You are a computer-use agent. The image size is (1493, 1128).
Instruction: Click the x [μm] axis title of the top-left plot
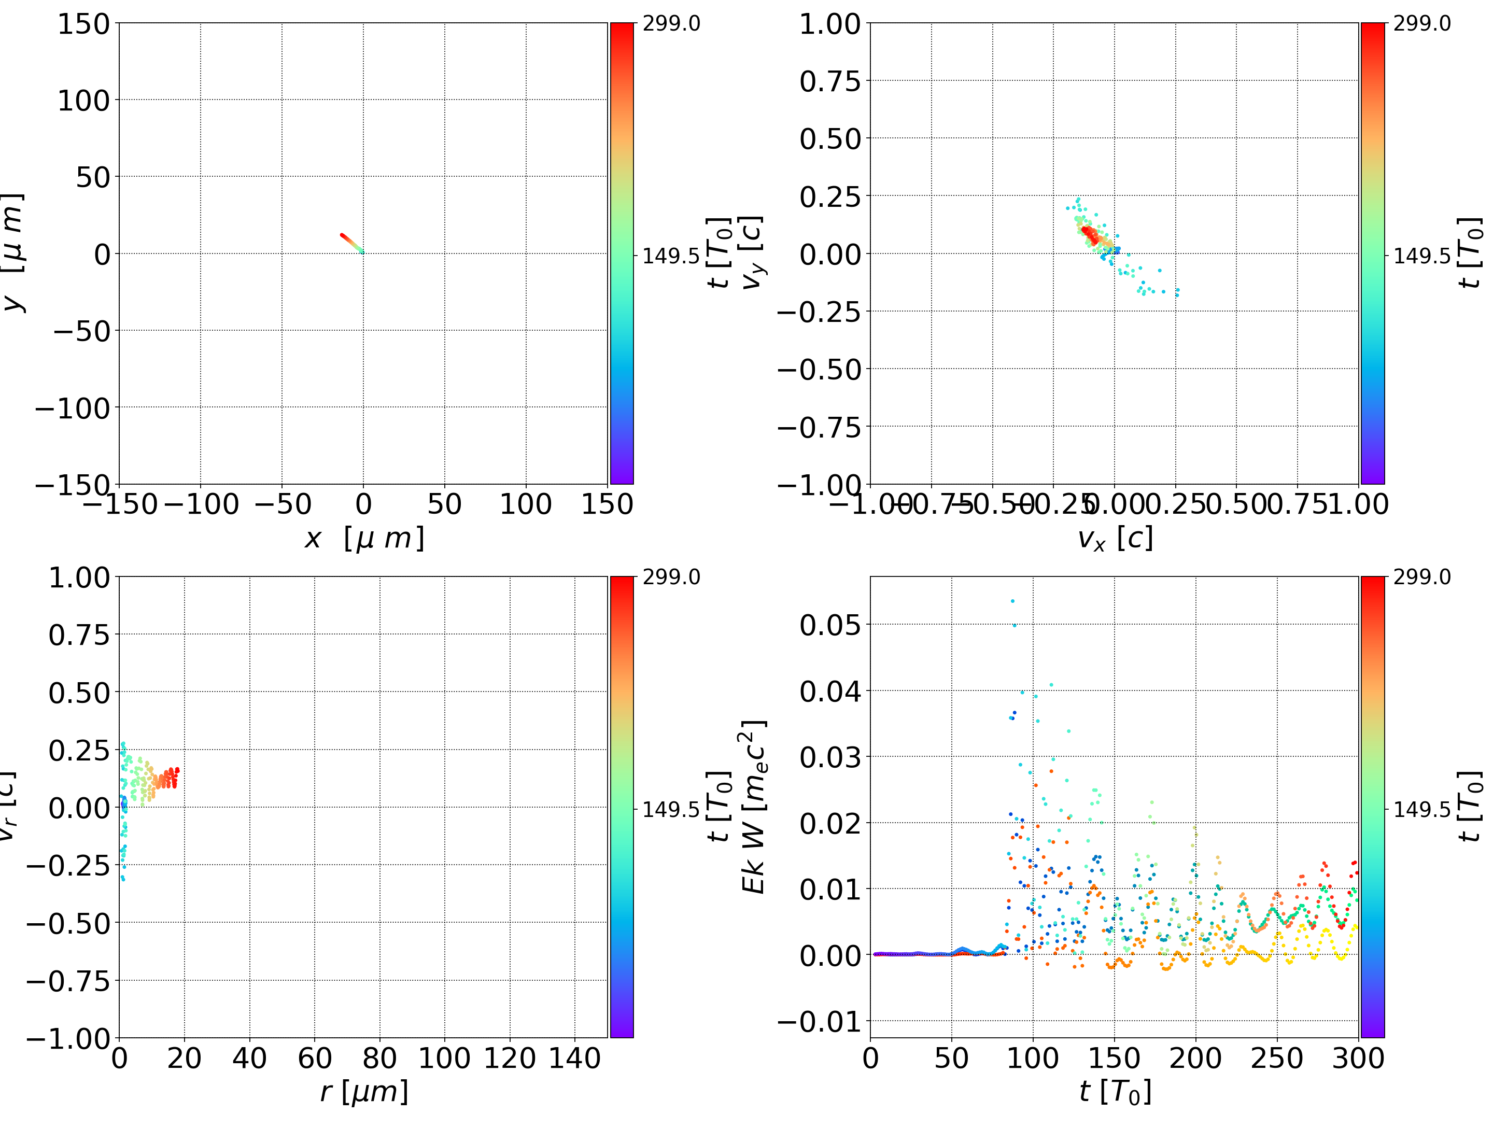pos(364,538)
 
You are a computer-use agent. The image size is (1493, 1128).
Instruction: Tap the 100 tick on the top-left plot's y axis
pos(83,101)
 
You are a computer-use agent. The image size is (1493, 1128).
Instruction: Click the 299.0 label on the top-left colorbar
pos(671,24)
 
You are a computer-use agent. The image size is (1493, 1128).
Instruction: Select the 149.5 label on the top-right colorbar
pos(1421,256)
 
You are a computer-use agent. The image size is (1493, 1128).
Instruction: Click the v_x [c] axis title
pos(1115,538)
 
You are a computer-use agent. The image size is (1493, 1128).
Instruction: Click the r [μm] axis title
pos(364,1092)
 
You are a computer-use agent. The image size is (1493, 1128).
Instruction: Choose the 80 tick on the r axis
pos(379,1058)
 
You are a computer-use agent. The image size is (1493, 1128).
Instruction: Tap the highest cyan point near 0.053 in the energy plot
pos(1012,601)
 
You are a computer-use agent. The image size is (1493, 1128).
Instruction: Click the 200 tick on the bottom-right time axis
pos(1195,1058)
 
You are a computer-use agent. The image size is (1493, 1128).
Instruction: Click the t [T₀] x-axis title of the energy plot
pos(1115,1092)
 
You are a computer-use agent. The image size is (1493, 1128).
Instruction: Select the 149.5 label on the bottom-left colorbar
pos(671,809)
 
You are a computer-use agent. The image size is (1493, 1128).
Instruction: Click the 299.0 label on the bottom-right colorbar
pos(1421,577)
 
